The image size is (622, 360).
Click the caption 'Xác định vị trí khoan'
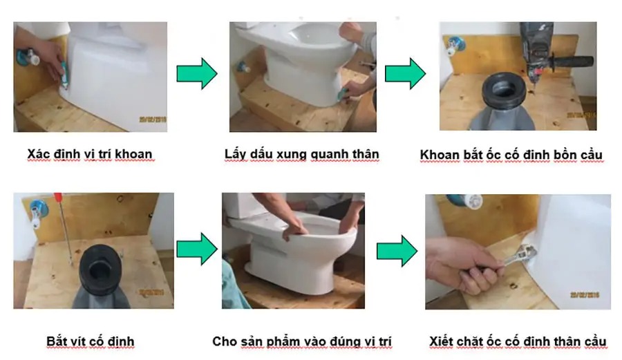point(90,154)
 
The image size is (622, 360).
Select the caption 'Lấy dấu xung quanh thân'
point(302,154)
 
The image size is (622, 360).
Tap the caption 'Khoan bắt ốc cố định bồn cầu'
point(511,155)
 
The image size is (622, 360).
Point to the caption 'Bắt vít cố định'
point(91,341)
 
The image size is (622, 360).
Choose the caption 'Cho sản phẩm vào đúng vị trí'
point(302,341)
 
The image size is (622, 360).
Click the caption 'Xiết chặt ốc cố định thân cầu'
point(518,341)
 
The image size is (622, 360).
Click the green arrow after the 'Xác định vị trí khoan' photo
point(197,74)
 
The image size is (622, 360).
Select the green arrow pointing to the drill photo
point(406,74)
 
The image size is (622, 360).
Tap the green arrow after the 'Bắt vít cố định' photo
point(197,249)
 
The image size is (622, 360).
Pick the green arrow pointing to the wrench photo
point(397,251)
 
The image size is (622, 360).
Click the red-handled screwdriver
point(64,228)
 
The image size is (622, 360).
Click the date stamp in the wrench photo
point(585,294)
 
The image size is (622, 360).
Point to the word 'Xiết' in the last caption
point(441,341)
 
